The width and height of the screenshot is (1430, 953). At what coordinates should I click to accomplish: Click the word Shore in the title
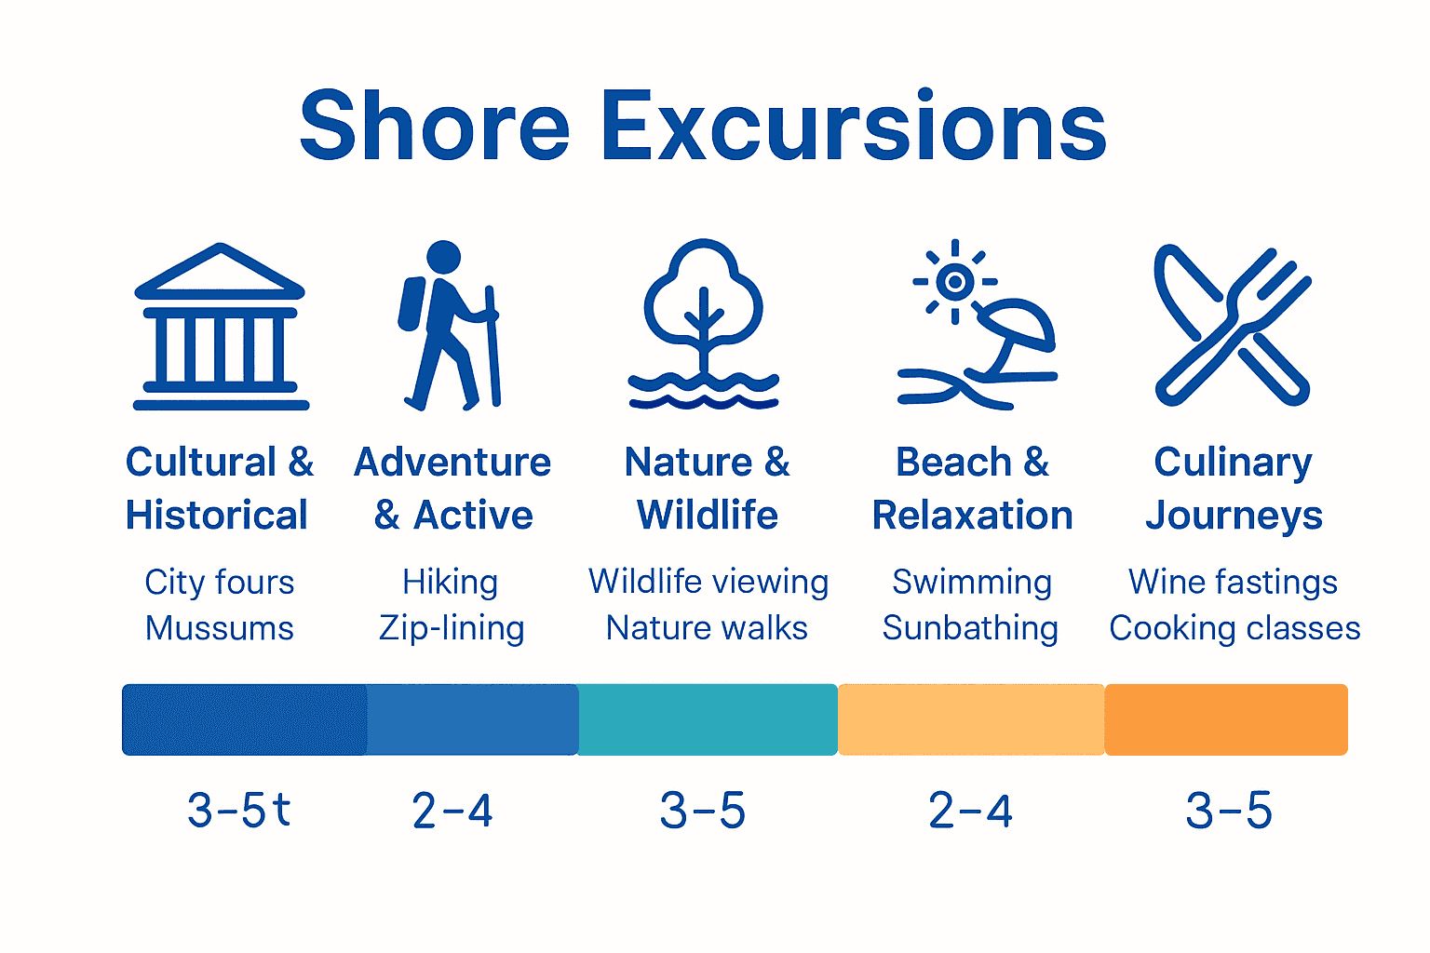(x=434, y=127)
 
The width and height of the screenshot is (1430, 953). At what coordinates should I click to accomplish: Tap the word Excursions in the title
(x=854, y=127)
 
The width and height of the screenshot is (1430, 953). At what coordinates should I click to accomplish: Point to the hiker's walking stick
(x=492, y=344)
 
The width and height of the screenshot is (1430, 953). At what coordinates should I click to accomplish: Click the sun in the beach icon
(x=954, y=281)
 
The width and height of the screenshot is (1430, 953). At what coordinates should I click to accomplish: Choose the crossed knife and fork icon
(x=1232, y=326)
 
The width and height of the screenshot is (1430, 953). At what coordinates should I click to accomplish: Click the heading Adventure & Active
(x=452, y=489)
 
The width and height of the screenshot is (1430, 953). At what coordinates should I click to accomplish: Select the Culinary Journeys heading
(x=1234, y=489)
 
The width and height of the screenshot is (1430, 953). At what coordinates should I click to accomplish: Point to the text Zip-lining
(x=452, y=629)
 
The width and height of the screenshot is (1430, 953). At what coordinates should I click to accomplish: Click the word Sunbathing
(x=970, y=628)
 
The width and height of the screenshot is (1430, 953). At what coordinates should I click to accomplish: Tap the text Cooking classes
(x=1234, y=628)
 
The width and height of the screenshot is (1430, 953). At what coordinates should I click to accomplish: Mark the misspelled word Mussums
(x=220, y=628)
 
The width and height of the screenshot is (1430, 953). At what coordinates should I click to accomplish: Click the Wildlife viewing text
(x=708, y=582)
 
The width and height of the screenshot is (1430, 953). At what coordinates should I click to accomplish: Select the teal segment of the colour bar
(x=708, y=719)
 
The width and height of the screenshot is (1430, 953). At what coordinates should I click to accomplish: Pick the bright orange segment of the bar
(x=1226, y=719)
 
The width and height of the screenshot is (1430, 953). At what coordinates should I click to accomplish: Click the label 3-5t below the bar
(x=239, y=810)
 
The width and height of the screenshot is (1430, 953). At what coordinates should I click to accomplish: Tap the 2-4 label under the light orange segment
(x=970, y=811)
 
